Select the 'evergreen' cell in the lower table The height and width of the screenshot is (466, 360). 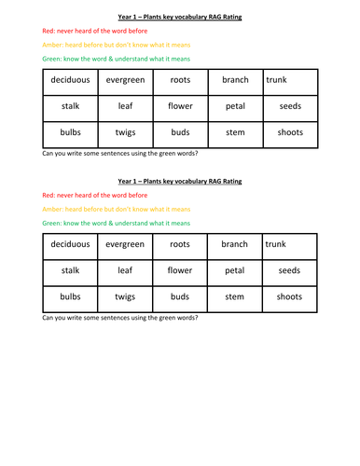[125, 244]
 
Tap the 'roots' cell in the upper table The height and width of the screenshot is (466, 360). [180, 80]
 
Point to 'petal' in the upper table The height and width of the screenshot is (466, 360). [235, 106]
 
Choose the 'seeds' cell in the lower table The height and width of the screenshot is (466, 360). [289, 271]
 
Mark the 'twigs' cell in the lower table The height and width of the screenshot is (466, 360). [125, 297]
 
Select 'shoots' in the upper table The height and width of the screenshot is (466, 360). [289, 132]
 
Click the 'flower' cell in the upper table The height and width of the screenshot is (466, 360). [180, 106]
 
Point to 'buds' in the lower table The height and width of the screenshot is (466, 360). [180, 297]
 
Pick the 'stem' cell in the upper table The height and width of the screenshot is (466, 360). [235, 132]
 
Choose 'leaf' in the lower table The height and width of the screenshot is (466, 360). [125, 271]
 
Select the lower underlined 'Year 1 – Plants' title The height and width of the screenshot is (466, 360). [179, 180]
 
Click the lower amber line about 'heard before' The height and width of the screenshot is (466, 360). [110, 210]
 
